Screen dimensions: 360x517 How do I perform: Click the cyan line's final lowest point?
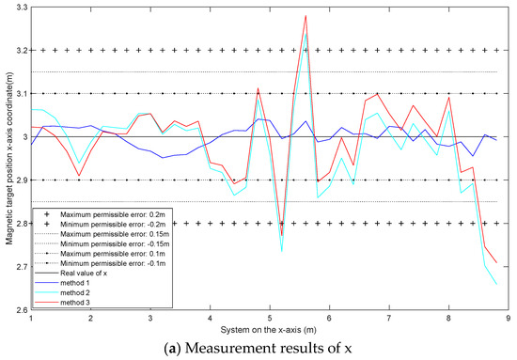point(495,285)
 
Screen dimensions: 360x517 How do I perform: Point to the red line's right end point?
point(495,264)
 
